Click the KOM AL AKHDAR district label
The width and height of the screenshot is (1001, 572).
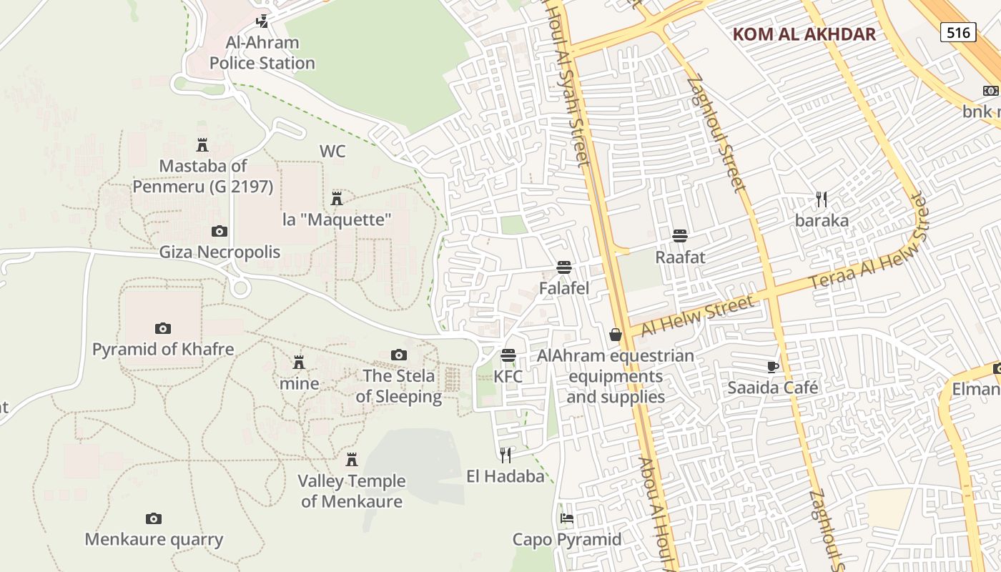pyautogui.click(x=804, y=34)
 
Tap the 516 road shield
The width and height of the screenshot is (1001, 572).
pyautogui.click(x=958, y=32)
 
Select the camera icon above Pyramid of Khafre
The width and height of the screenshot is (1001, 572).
pyautogui.click(x=163, y=329)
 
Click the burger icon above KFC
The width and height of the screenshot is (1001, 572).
pyautogui.click(x=508, y=355)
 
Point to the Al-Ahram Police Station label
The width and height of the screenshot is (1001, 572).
pyautogui.click(x=262, y=53)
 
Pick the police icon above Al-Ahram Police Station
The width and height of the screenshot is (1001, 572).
pyautogui.click(x=262, y=21)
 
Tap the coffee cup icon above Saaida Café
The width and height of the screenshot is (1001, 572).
pyautogui.click(x=772, y=367)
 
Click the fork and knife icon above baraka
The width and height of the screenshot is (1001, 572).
pyautogui.click(x=822, y=199)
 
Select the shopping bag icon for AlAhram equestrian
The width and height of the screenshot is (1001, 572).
pyautogui.click(x=615, y=335)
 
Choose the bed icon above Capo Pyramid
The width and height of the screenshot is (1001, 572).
pyautogui.click(x=567, y=518)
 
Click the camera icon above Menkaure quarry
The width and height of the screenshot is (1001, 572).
pyautogui.click(x=154, y=518)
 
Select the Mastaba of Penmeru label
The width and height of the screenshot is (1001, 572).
pyautogui.click(x=203, y=176)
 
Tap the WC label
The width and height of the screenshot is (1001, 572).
pyautogui.click(x=332, y=152)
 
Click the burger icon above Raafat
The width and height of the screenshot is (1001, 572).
pyautogui.click(x=680, y=236)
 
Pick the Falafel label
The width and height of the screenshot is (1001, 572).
pyautogui.click(x=564, y=288)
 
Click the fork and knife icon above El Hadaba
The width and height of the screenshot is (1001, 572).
pyautogui.click(x=506, y=455)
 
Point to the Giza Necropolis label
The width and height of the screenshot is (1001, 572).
pyautogui.click(x=220, y=252)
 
